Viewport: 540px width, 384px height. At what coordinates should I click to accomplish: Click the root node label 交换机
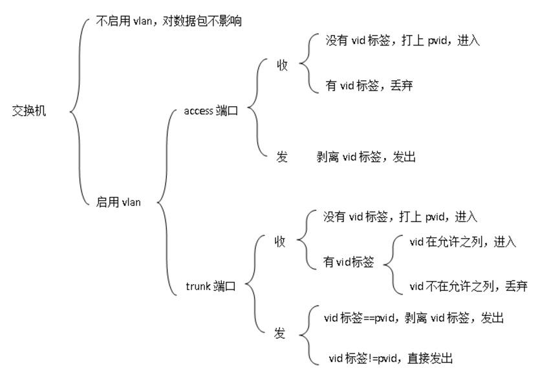[x=29, y=111]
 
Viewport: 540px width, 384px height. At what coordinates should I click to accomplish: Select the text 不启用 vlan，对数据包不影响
[x=168, y=21]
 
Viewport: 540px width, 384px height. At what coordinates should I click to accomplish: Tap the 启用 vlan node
[x=118, y=202]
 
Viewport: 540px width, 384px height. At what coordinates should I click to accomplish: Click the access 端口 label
[x=211, y=111]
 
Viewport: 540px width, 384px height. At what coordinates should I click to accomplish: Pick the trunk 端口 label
[x=210, y=286]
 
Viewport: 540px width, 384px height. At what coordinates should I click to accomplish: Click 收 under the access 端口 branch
[x=282, y=65]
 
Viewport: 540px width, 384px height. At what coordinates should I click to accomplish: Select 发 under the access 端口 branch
[x=282, y=157]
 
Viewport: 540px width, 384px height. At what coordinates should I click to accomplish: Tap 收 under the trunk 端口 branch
[x=280, y=242]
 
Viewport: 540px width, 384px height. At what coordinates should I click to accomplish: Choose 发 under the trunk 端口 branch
[x=279, y=333]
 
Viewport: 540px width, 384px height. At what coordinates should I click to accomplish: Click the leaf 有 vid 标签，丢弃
[x=369, y=85]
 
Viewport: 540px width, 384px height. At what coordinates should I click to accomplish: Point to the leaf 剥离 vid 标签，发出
[x=365, y=157]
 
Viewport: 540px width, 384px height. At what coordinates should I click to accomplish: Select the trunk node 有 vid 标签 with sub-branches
[x=349, y=262]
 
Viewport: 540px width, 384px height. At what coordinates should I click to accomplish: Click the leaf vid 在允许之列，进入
[x=462, y=242]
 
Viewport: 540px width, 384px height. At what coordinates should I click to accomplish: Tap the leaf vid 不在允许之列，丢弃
[x=468, y=286]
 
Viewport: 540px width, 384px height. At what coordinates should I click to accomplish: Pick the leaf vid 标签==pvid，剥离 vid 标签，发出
[x=413, y=318]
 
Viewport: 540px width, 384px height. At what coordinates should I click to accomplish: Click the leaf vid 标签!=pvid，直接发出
[x=391, y=358]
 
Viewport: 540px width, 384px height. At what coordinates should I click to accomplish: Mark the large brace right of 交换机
[x=78, y=111]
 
